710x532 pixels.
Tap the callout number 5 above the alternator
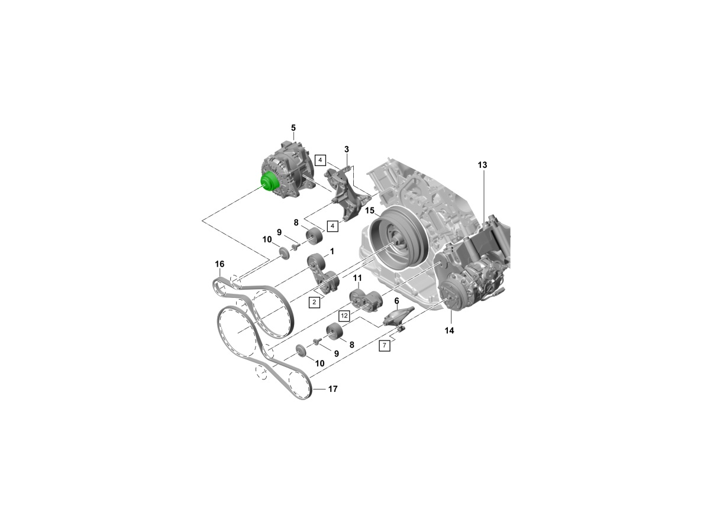pyautogui.click(x=293, y=128)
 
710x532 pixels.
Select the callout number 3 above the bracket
pyautogui.click(x=347, y=150)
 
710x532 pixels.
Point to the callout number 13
pyautogui.click(x=482, y=165)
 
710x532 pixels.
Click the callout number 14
pyautogui.click(x=449, y=330)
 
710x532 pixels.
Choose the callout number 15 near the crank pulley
pyautogui.click(x=370, y=211)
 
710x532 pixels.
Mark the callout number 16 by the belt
pyautogui.click(x=220, y=264)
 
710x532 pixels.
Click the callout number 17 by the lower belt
pyautogui.click(x=333, y=389)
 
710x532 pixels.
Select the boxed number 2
pyautogui.click(x=314, y=303)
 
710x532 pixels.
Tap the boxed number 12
pyautogui.click(x=344, y=316)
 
